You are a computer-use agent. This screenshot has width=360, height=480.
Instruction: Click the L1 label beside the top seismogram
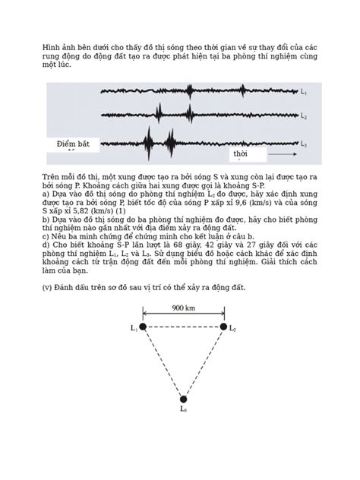[303, 93]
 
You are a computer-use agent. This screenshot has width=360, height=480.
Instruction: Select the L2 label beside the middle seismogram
[303, 117]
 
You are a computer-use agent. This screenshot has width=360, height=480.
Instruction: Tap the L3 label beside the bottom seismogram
[303, 144]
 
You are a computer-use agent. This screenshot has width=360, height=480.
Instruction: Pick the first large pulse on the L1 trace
[191, 91]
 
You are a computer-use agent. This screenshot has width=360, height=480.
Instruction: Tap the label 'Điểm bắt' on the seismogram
[73, 144]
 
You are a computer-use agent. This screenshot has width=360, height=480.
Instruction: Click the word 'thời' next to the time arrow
[241, 153]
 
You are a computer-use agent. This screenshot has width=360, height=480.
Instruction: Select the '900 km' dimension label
[182, 308]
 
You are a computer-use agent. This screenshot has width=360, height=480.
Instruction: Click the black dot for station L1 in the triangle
[142, 327]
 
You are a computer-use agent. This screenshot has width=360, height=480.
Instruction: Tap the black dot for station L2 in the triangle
[223, 327]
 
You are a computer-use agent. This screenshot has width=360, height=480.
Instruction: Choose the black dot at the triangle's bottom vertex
[183, 398]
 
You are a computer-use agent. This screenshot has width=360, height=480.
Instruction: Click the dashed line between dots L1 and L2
[182, 327]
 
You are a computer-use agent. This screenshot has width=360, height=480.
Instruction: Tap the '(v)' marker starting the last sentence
[48, 289]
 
